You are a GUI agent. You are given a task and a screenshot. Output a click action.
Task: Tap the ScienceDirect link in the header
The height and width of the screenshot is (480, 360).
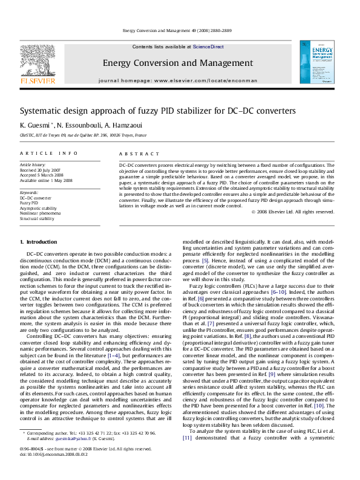click(x=208, y=47)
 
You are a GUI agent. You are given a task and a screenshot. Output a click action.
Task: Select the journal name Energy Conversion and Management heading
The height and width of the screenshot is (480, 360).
click(x=178, y=63)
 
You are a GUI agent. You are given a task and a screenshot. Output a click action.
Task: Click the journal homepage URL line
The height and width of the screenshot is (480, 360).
click(x=177, y=80)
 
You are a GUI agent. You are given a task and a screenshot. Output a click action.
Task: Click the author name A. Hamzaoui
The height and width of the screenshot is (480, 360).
click(x=124, y=125)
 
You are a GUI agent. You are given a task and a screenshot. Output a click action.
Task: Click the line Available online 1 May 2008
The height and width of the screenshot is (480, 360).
click(x=46, y=180)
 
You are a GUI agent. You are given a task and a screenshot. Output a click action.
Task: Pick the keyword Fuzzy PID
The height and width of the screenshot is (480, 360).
click(x=29, y=203)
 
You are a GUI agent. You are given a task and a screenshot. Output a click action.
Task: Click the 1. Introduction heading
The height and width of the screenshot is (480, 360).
click(x=39, y=242)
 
